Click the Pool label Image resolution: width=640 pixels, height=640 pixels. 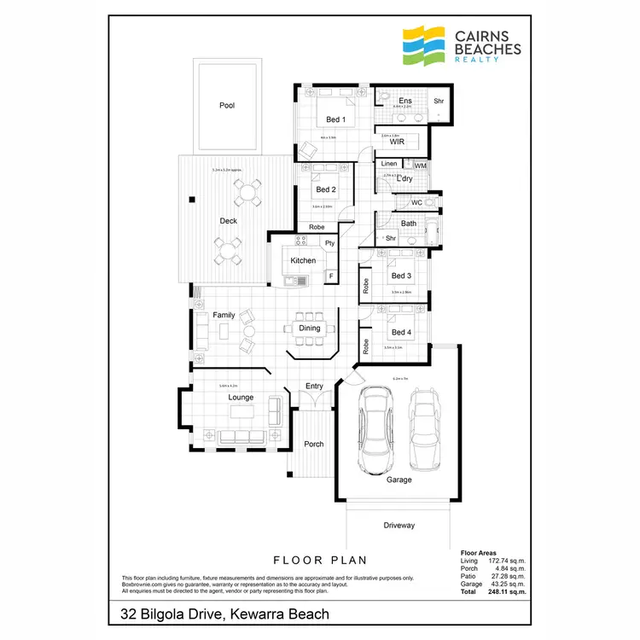[226, 106]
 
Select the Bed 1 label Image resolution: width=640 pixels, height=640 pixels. [335, 119]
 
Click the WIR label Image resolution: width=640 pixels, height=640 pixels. [396, 142]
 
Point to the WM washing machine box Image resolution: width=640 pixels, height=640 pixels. [420, 165]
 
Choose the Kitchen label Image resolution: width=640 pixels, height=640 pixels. [303, 260]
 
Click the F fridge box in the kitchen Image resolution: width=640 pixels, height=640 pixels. [330, 276]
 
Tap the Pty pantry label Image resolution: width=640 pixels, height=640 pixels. [329, 244]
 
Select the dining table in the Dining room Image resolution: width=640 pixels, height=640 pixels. [310, 328]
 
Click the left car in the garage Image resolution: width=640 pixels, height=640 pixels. [375, 430]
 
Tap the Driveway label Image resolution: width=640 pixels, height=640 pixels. [399, 524]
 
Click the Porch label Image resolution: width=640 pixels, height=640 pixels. [314, 444]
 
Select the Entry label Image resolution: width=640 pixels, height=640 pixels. [314, 387]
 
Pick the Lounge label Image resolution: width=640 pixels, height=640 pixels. [241, 398]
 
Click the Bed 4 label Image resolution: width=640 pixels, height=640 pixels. [401, 332]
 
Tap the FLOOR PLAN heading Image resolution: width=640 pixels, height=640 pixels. [320, 561]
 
